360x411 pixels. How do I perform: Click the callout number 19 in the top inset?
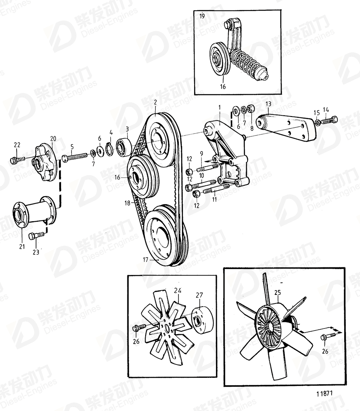coord(202,17)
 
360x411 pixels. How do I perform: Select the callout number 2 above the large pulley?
coord(155,102)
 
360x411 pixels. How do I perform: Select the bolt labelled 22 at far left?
coord(15,160)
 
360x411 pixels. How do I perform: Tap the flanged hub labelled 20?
coord(44,164)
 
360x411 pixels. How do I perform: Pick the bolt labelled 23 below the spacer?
coord(34,235)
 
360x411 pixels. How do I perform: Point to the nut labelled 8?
coord(250,109)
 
